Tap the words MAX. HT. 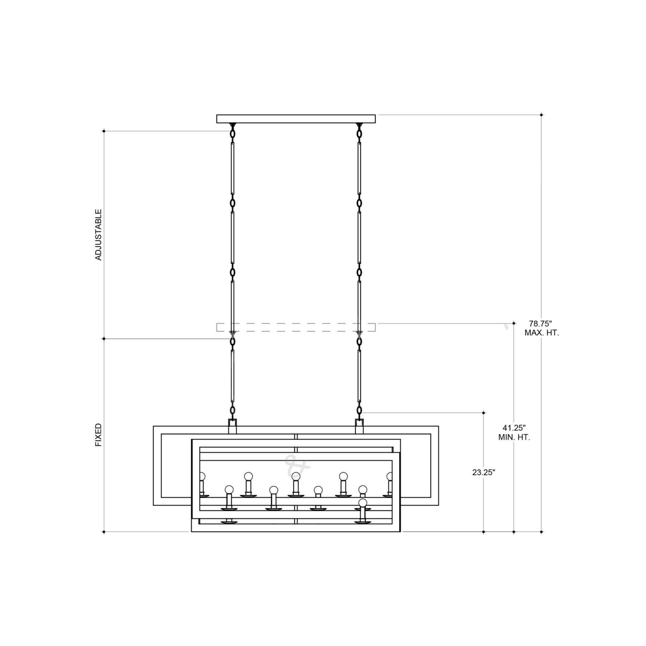(x=541, y=333)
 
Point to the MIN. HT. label (x=514, y=437)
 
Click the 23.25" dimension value (x=484, y=473)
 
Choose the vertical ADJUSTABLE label (x=98, y=235)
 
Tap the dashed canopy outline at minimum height (x=296, y=327)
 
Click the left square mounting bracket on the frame (x=232, y=426)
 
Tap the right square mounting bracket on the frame (x=359, y=426)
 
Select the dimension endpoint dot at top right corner (x=541, y=115)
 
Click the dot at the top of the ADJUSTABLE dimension (x=104, y=131)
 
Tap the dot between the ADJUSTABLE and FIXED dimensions (x=104, y=339)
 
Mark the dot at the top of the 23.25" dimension (x=484, y=413)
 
